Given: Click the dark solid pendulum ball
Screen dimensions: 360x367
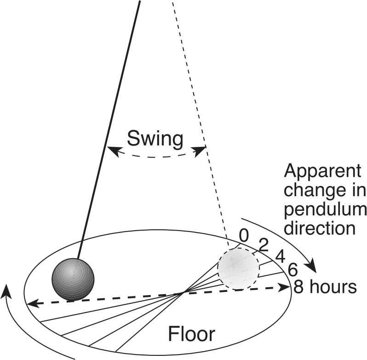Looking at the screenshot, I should coord(73,280).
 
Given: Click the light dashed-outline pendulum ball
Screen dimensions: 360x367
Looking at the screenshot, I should coord(238,269).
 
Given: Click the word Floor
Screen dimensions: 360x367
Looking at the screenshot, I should coord(191,333).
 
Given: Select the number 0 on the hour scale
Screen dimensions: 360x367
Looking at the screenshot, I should coord(244,236).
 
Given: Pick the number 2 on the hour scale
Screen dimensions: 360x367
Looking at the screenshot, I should coord(264,245).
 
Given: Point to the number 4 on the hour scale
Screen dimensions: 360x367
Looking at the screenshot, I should coord(279,256).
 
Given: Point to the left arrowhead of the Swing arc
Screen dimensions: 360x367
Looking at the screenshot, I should coord(111,149).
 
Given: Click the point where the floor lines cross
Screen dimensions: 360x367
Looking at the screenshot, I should coord(184,292).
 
